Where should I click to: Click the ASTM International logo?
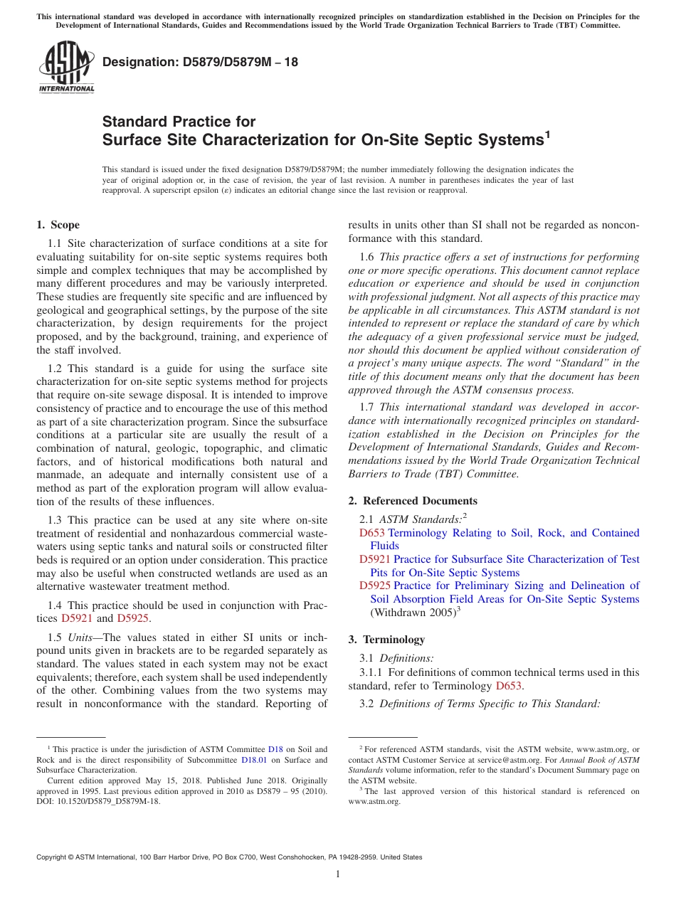(65, 68)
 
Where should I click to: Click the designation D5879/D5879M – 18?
(200, 62)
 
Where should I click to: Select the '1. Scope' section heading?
(58, 226)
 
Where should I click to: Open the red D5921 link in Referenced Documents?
(375, 559)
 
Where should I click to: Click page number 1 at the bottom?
(338, 874)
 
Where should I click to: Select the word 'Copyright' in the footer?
(53, 857)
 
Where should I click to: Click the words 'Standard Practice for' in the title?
(179, 122)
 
